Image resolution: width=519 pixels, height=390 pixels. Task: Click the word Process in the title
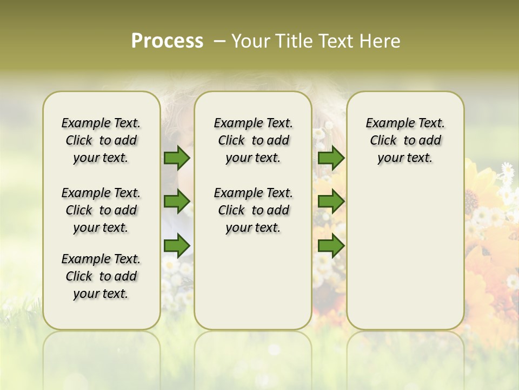[167, 41]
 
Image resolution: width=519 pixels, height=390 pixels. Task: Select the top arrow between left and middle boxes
[176, 158]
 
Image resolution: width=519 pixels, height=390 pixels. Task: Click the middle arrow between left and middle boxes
[176, 202]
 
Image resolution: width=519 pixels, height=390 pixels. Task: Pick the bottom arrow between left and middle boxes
[176, 246]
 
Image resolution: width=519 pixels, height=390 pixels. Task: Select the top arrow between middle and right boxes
[331, 158]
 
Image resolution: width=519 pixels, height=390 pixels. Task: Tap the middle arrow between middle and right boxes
[331, 202]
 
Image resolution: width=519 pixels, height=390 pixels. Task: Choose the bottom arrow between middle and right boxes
[331, 246]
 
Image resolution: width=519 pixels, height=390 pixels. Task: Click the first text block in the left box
[101, 140]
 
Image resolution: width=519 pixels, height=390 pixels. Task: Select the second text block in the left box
[101, 210]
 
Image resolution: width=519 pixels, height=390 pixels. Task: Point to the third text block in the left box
[101, 276]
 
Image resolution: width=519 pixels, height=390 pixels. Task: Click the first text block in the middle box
[253, 140]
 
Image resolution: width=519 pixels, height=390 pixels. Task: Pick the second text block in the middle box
[253, 210]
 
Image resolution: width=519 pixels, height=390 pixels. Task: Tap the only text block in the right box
[405, 140]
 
